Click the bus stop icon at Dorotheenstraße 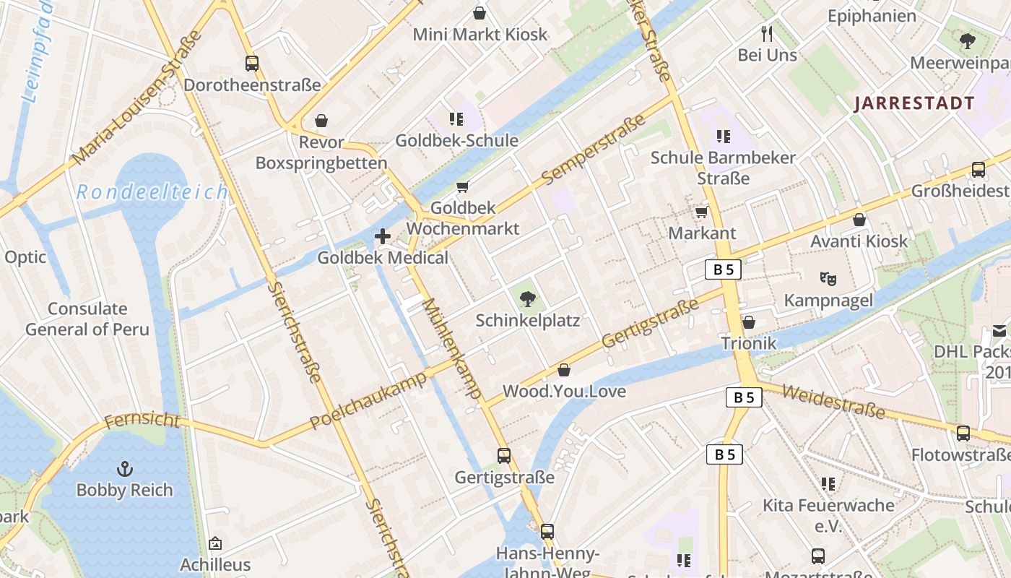pos(251,64)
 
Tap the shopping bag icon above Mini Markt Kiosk pos(479,13)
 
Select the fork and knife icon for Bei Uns pos(767,33)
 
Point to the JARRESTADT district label pos(914,103)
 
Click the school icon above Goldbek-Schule pos(456,119)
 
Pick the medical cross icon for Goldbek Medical pos(383,236)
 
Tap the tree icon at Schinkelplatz pos(528,298)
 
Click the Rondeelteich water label pos(152,192)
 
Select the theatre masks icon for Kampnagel pos(828,278)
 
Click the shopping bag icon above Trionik pos(749,322)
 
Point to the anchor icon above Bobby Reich pos(125,469)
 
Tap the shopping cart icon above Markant pos(701,212)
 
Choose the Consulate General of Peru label pos(87,319)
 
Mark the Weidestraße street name pos(833,401)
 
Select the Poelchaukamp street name pos(369,401)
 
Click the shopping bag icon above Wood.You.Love pos(564,371)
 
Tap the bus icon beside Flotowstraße pos(963,433)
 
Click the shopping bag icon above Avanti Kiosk pos(859,220)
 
